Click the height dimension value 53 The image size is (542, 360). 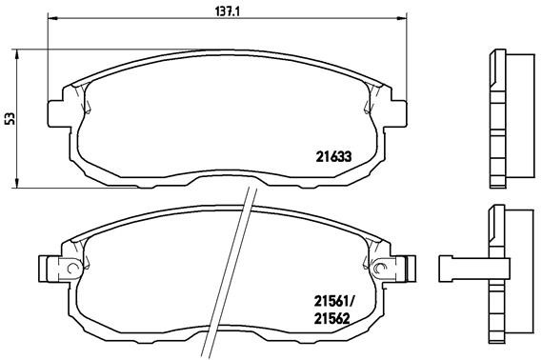point(9,118)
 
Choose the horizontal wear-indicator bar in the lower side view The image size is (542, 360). point(462,266)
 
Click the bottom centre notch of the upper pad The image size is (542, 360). point(227,179)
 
